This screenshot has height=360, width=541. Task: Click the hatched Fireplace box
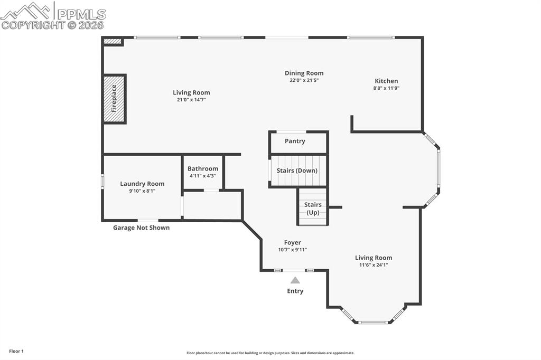click(x=114, y=99)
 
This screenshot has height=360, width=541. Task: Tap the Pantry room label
click(x=295, y=141)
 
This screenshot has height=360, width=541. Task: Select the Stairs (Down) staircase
click(x=297, y=170)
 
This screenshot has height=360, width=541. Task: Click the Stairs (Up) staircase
click(x=313, y=208)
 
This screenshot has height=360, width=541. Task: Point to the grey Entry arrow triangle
click(x=295, y=280)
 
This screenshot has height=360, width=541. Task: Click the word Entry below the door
click(x=295, y=291)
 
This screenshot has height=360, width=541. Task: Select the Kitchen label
click(x=386, y=81)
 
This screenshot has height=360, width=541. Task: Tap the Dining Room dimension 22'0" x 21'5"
click(x=304, y=81)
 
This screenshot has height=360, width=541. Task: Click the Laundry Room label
click(x=142, y=184)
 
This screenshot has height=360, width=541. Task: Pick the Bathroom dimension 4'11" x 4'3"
click(x=203, y=176)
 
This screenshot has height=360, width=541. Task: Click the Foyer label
click(x=292, y=243)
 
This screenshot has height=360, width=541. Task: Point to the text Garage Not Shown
click(x=141, y=228)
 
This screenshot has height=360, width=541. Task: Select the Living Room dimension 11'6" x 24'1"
click(x=374, y=265)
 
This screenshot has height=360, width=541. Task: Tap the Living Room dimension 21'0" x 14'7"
click(x=191, y=99)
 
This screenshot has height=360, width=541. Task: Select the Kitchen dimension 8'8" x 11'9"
click(x=386, y=88)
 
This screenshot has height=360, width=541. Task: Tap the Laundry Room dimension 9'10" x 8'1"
click(x=142, y=191)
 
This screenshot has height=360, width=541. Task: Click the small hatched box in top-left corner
click(x=112, y=41)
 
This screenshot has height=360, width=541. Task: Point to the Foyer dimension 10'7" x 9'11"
click(x=292, y=250)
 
